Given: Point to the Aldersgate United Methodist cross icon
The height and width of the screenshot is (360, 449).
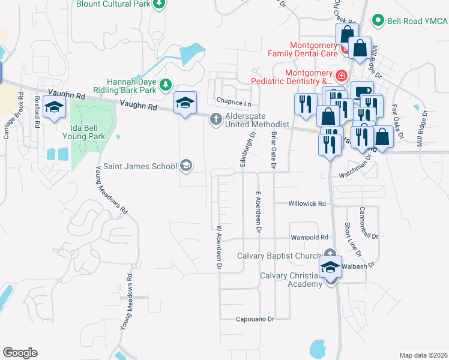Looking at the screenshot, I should [215, 120].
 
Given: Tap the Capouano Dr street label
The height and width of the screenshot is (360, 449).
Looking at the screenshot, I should [255, 319].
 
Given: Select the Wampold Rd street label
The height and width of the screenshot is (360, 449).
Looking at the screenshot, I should [309, 238].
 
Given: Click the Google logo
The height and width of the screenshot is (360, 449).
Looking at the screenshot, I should [20, 353].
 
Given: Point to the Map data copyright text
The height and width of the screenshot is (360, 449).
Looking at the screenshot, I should [424, 355].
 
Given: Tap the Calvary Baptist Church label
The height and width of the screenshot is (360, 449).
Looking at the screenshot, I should [279, 256].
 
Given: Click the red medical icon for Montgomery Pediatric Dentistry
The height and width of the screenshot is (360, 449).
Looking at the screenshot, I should [341, 76].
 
